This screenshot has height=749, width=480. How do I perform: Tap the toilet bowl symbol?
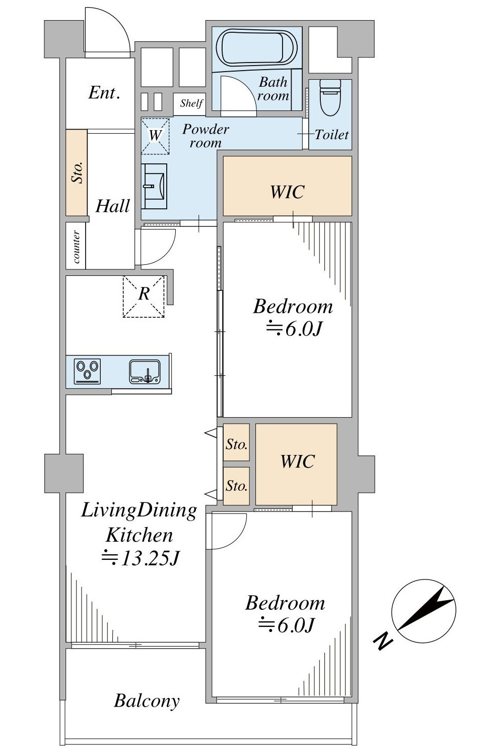tap(330, 97)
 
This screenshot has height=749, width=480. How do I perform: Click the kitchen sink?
tap(145, 371)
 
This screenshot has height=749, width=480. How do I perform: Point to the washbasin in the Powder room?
tap(154, 186)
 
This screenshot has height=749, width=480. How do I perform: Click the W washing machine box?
tap(155, 136)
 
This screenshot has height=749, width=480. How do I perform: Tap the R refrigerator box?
tap(144, 296)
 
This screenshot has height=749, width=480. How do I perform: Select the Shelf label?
tap(191, 103)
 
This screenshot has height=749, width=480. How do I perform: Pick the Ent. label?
tap(104, 93)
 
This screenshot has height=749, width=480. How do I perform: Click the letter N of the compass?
tap(382, 640)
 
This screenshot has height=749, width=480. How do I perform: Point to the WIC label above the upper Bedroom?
tap(287, 192)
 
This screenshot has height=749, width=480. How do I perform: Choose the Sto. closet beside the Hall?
tap(77, 172)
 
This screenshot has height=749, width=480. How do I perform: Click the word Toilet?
tap(331, 135)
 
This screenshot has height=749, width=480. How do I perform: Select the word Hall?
tap(113, 206)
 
